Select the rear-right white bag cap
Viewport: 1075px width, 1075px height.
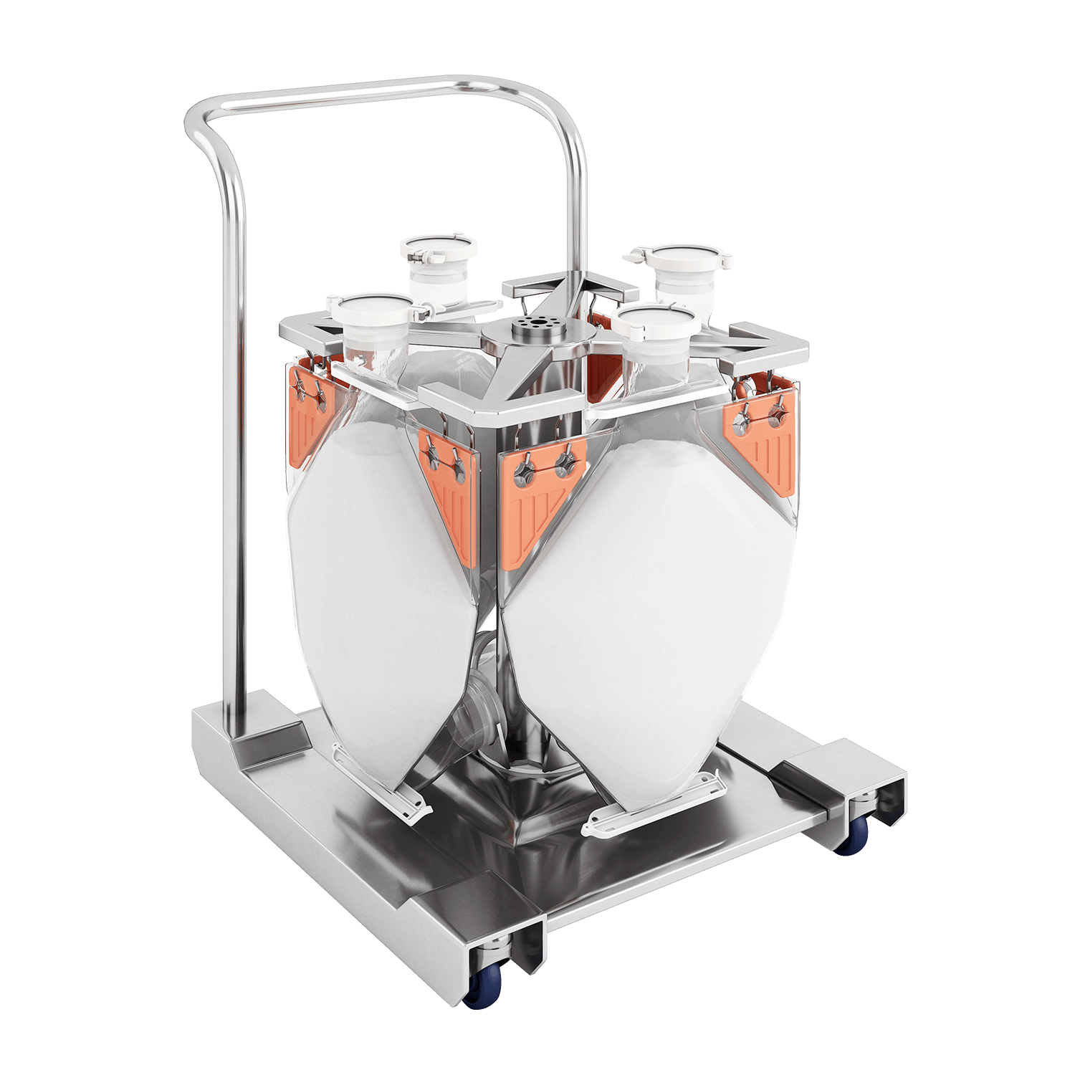click(x=679, y=259)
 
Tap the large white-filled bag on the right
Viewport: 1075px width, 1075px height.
click(x=645, y=609)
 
